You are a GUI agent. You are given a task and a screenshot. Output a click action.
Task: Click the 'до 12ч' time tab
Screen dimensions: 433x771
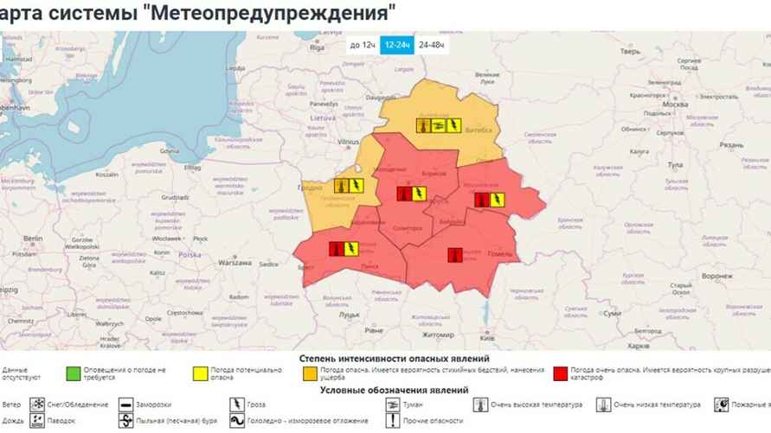(362, 44)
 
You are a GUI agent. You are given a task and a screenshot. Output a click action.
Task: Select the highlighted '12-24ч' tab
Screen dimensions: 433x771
(397, 44)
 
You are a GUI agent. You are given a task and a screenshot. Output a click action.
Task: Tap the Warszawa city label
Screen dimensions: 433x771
(235, 261)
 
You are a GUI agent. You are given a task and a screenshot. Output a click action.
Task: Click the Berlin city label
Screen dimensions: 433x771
(34, 238)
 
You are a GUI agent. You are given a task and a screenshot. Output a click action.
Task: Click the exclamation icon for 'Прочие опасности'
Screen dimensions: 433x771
(394, 421)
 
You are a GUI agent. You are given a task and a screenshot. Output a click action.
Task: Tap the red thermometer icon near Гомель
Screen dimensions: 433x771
(455, 254)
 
